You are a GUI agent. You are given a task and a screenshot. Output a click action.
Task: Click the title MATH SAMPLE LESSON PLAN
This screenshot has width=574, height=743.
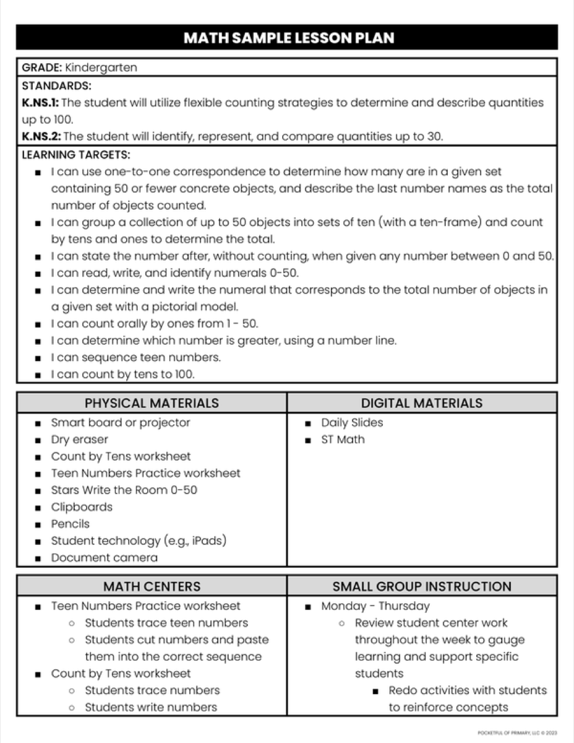[288, 38]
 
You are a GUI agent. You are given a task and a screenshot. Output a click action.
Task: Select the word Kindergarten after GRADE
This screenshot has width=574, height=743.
[100, 67]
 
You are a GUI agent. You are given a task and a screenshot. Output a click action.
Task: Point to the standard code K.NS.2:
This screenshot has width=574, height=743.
[41, 136]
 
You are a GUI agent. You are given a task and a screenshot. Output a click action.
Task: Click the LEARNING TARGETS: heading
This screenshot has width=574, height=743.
[76, 154]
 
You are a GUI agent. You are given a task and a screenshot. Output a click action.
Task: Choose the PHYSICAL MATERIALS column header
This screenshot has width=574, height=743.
[152, 403]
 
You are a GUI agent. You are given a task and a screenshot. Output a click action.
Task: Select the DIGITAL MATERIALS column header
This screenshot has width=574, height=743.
[422, 403]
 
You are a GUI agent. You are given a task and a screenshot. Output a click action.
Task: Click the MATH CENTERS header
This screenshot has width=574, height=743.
[152, 586]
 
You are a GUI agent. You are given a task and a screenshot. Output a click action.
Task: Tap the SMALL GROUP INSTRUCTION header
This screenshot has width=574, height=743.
[422, 586]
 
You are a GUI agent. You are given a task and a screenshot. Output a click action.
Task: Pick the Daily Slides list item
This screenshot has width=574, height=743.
[352, 423]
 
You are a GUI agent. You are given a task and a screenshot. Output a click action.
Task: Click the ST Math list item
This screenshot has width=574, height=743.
[343, 440]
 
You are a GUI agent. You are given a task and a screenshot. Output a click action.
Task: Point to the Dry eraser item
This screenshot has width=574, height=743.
[79, 440]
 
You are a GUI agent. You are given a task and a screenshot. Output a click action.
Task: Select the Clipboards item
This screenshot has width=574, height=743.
[82, 507]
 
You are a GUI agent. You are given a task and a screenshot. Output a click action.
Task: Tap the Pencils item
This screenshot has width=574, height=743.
[70, 524]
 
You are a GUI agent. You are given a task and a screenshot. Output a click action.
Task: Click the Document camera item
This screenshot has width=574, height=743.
[104, 557]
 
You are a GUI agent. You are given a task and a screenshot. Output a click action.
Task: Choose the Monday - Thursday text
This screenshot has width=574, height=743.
[375, 606]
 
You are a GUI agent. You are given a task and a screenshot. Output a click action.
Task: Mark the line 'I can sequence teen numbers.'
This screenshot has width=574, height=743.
[135, 357]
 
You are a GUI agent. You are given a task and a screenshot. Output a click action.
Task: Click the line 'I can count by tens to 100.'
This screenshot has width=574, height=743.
[122, 374]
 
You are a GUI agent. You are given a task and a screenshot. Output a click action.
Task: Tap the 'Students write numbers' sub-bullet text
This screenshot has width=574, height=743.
[151, 707]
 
